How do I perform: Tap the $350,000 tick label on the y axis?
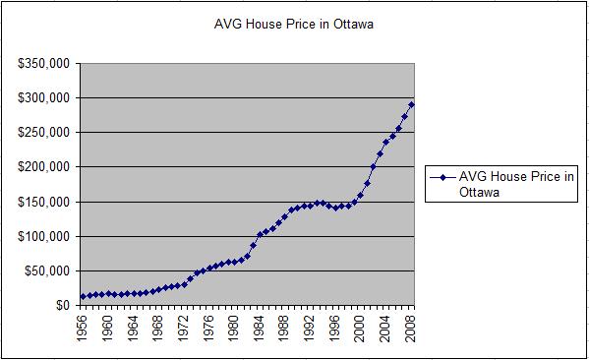42,64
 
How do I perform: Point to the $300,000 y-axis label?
42,98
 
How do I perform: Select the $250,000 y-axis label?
42,133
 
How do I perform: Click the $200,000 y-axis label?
42,167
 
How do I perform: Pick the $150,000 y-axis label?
42,202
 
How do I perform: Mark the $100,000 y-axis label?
42,236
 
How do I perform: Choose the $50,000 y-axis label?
45,270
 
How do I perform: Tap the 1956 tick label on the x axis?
84,328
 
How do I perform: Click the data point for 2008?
411,104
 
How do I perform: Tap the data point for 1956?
84,296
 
